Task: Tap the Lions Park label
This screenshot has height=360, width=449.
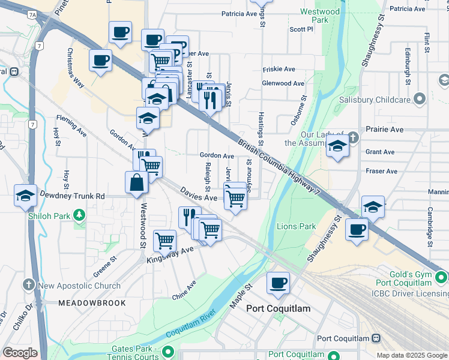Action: point(297,226)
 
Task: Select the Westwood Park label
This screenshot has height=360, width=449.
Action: point(320,16)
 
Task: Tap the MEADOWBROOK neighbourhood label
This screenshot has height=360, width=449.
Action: point(92,303)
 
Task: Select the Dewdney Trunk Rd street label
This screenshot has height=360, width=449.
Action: point(72,196)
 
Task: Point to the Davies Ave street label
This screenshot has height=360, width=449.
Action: point(198,194)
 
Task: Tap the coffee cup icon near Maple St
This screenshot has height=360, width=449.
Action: point(278,282)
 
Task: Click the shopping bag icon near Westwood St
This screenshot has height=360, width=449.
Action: point(137,182)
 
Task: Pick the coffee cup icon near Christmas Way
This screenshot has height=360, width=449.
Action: point(100,60)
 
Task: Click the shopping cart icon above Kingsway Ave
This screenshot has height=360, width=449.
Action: point(164,240)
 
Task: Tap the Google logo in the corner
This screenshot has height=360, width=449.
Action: point(20,353)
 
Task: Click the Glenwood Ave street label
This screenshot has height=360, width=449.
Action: point(283,83)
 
